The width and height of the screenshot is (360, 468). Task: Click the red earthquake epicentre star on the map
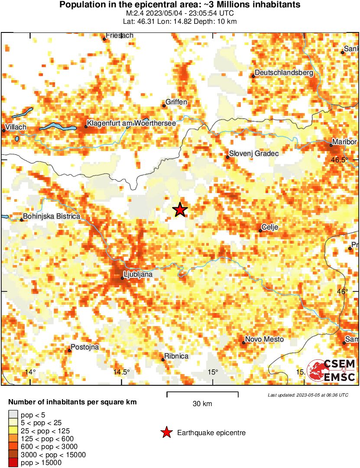[180, 210]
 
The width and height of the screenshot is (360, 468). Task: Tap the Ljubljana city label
[138, 274]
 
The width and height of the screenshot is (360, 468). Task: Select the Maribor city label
[344, 142]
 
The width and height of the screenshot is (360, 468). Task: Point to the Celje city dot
[260, 230]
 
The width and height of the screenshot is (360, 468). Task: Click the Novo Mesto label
[264, 339]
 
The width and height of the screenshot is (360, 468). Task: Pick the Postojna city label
[85, 347]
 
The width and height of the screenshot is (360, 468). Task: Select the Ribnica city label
[177, 356]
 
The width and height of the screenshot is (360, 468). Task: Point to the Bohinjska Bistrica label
[51, 216]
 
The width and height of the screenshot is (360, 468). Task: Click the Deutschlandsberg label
[283, 73]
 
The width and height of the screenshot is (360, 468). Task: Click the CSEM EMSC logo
[331, 371]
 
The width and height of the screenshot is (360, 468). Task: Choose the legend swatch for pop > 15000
[13, 463]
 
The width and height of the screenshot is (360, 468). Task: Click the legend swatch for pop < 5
[13, 415]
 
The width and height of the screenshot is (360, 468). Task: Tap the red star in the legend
[166, 432]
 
